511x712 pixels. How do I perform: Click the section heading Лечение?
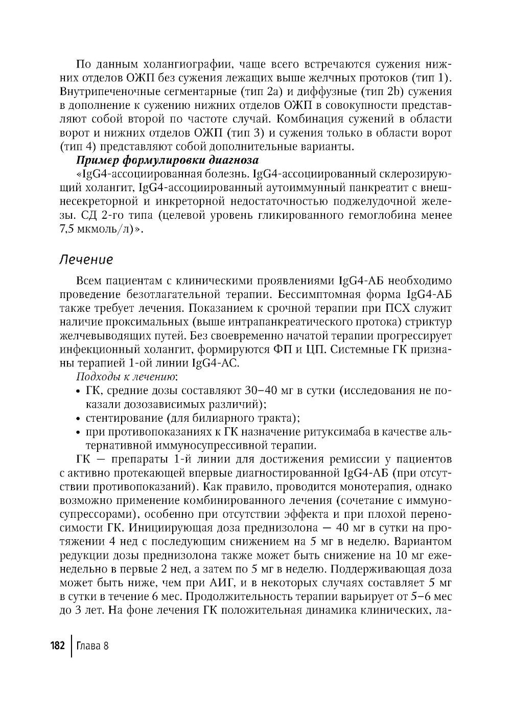(x=86, y=259)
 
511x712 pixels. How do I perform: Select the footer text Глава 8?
(x=92, y=646)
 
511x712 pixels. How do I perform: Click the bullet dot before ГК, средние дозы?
(x=78, y=392)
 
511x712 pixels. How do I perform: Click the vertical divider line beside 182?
(x=71, y=646)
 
